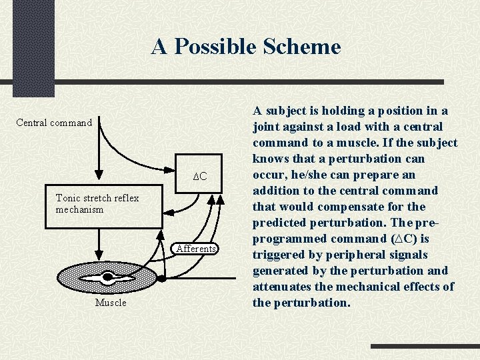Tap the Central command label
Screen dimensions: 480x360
click(54, 123)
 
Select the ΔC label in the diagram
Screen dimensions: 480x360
click(200, 177)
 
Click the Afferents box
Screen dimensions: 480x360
click(196, 249)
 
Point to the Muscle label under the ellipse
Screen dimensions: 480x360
click(111, 303)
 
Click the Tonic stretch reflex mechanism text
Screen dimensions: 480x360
click(97, 203)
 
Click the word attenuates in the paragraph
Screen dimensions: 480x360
click(283, 287)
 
